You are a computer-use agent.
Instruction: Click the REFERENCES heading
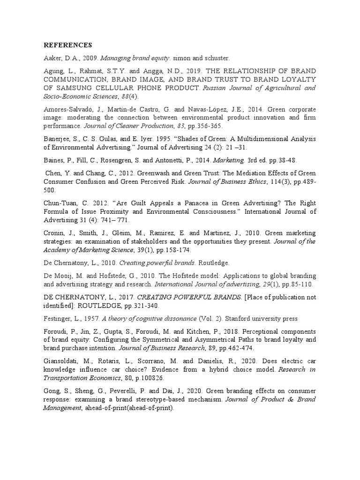coord(68,45)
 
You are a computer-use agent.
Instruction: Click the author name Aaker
coord(53,58)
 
